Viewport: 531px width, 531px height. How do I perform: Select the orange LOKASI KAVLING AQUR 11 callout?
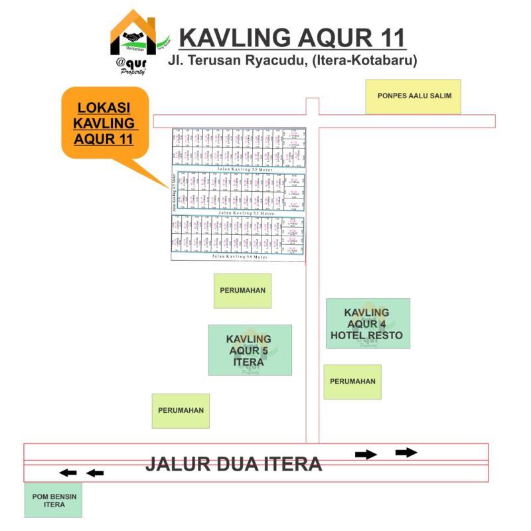click(x=104, y=123)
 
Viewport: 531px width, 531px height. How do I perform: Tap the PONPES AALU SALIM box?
click(x=414, y=96)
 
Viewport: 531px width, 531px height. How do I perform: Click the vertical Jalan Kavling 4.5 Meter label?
click(x=174, y=192)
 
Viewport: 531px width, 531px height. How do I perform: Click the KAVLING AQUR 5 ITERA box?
click(x=250, y=350)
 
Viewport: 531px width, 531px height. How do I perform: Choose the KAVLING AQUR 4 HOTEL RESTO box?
click(x=367, y=324)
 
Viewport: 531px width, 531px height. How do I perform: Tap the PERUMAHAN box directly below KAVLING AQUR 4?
click(x=352, y=382)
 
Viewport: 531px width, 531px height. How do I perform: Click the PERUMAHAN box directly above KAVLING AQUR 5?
click(x=242, y=291)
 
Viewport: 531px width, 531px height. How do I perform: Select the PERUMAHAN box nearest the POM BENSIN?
click(x=181, y=410)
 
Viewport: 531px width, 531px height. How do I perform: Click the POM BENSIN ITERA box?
click(x=54, y=500)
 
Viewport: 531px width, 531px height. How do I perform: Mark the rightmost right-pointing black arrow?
click(x=406, y=453)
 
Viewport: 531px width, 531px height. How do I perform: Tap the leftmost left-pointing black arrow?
click(x=68, y=473)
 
